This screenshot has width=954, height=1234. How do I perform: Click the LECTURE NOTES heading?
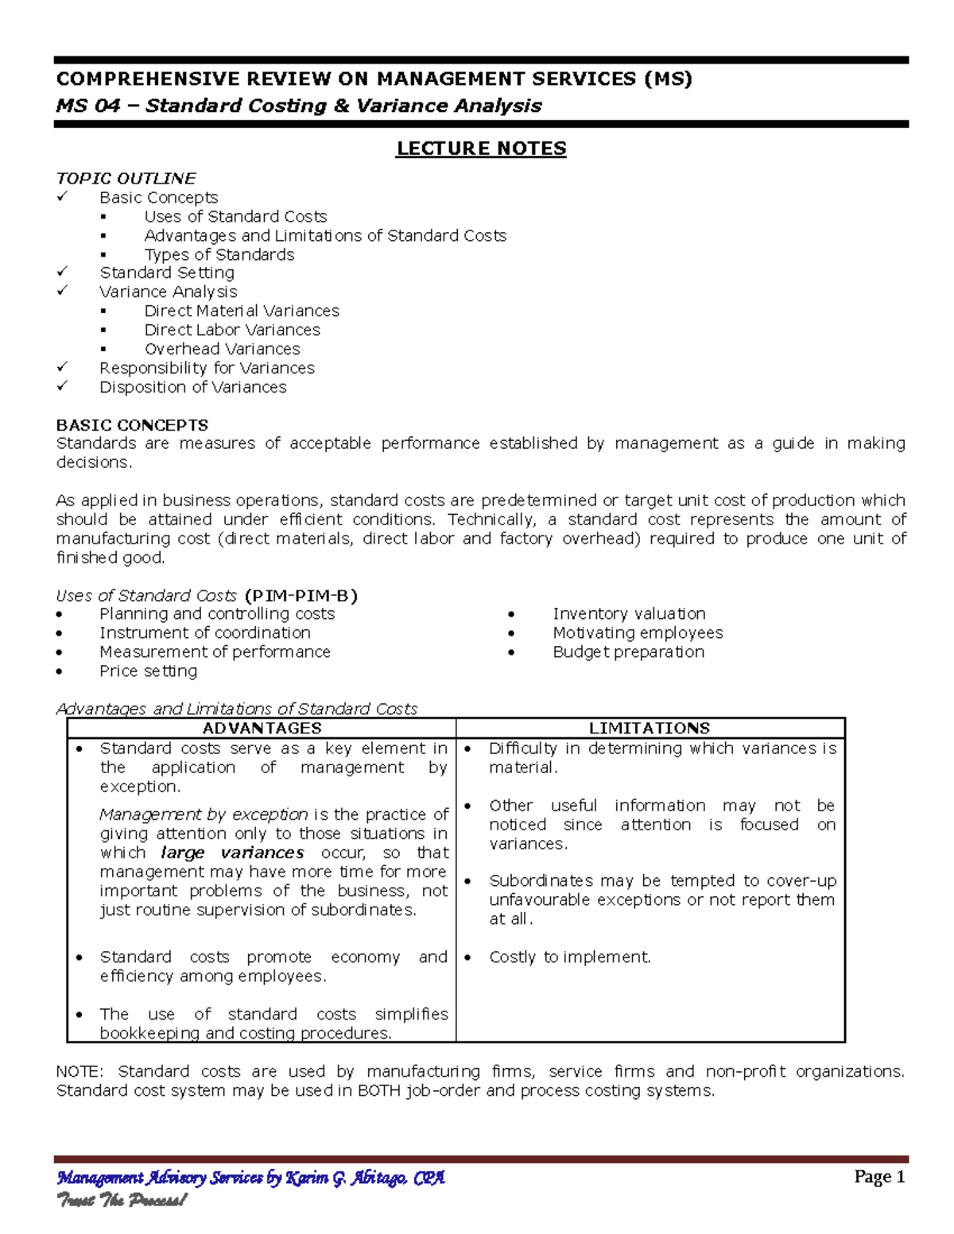(481, 149)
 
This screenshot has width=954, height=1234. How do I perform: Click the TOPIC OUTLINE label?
(126, 178)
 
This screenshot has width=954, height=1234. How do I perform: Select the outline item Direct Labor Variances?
(232, 330)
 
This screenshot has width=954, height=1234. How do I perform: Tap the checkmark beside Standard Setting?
(63, 272)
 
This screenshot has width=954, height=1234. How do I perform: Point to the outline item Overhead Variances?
(222, 349)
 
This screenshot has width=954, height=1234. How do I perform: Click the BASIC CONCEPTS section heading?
(132, 425)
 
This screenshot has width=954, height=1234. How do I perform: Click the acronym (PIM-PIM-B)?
(301, 595)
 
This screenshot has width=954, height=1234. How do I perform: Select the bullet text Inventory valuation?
(629, 613)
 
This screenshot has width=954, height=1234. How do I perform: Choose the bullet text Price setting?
(148, 671)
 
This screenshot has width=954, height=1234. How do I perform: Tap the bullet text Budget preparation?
(628, 652)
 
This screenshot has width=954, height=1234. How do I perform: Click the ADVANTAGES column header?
(262, 728)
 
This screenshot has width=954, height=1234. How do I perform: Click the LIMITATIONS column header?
(650, 728)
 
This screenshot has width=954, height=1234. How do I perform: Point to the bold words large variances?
(232, 853)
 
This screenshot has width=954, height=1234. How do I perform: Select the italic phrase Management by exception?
(204, 814)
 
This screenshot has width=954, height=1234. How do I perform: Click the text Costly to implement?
(569, 957)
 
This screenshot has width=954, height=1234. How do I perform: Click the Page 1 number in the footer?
(879, 1177)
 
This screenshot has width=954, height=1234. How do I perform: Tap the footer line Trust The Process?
(121, 1200)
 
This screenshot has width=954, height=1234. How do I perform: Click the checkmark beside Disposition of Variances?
(63, 386)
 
